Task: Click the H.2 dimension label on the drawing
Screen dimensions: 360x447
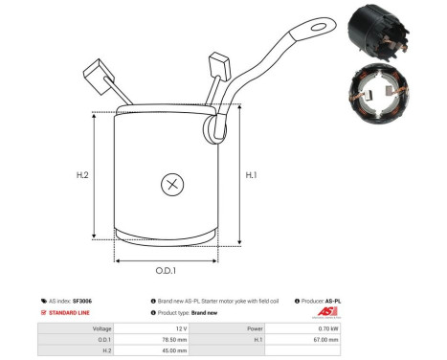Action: point(82,175)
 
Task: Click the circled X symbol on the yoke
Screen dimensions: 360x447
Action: point(172,184)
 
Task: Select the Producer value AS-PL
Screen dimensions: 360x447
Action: point(332,301)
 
